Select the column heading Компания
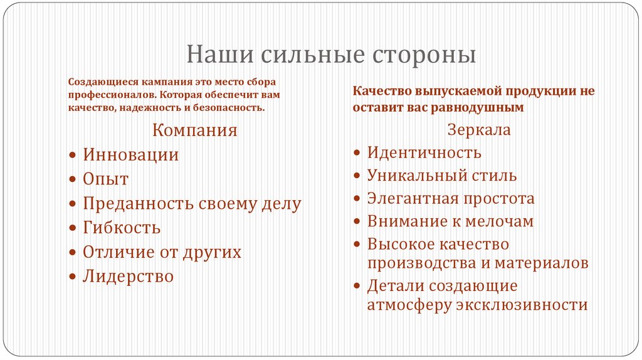pyautogui.click(x=196, y=130)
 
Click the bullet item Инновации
pyautogui.click(x=131, y=155)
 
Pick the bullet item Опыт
pyautogui.click(x=106, y=179)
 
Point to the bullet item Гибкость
pyautogui.click(x=122, y=228)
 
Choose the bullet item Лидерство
pyautogui.click(x=129, y=277)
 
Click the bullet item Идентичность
pyautogui.click(x=424, y=152)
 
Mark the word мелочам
pyautogui.click(x=499, y=221)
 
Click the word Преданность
pyautogui.click(x=139, y=204)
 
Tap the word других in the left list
pyautogui.click(x=212, y=252)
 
